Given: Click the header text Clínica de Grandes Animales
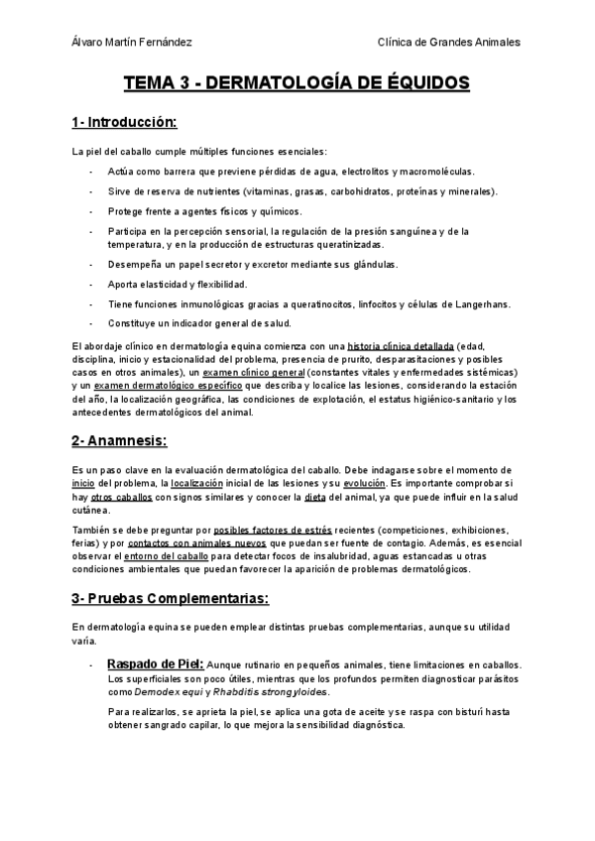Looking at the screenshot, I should pyautogui.click(x=449, y=42).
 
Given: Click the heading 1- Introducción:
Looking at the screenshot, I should pyautogui.click(x=124, y=123).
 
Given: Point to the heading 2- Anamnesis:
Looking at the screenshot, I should pyautogui.click(x=119, y=439).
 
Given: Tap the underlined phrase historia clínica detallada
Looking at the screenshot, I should pyautogui.click(x=395, y=346).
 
